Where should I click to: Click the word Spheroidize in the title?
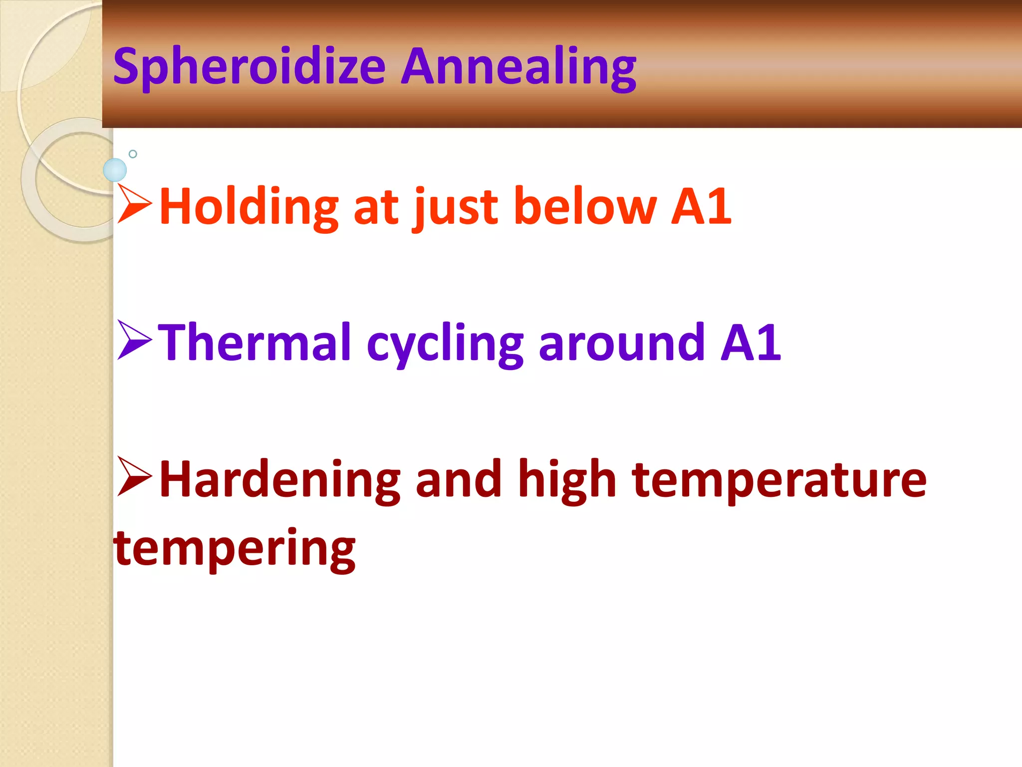[x=249, y=67]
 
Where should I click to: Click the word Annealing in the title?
[x=518, y=67]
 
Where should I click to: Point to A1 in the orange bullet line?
[x=701, y=206]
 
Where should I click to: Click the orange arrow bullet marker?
[x=134, y=203]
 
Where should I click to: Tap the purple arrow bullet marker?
[x=134, y=340]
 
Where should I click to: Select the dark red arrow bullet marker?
[x=134, y=476]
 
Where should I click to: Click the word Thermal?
[x=255, y=343]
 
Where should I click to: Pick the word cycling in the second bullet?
[x=444, y=345]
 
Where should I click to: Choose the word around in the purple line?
[x=622, y=343]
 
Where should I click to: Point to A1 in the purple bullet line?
[x=751, y=343]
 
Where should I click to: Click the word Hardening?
[x=279, y=479]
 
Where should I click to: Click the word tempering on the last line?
[x=235, y=549]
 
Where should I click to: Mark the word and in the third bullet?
[x=458, y=479]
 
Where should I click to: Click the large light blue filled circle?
[x=115, y=170]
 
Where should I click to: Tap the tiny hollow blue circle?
[x=133, y=154]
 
